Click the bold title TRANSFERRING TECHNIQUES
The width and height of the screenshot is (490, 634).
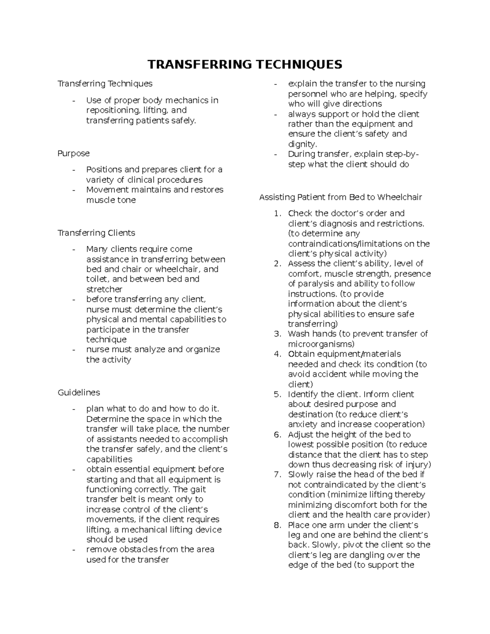pos(245,65)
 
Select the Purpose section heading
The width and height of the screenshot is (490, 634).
pos(73,153)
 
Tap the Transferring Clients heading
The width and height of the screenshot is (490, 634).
pos(96,233)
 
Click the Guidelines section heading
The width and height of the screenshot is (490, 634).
pos(79,393)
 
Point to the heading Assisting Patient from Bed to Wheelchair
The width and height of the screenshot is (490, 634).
pos(341,198)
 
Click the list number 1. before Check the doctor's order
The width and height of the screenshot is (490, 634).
pos(278,214)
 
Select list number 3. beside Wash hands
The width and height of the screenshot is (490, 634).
pos(278,334)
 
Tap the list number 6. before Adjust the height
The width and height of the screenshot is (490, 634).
pos(278,435)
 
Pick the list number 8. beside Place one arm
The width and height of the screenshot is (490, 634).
pos(278,525)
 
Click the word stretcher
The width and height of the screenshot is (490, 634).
pos(104,289)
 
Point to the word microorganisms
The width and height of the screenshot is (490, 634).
pos(321,344)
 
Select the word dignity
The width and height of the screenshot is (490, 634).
pos(302,144)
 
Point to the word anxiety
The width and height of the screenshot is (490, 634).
pos(303,425)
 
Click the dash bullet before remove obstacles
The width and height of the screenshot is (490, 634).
pos(73,549)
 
